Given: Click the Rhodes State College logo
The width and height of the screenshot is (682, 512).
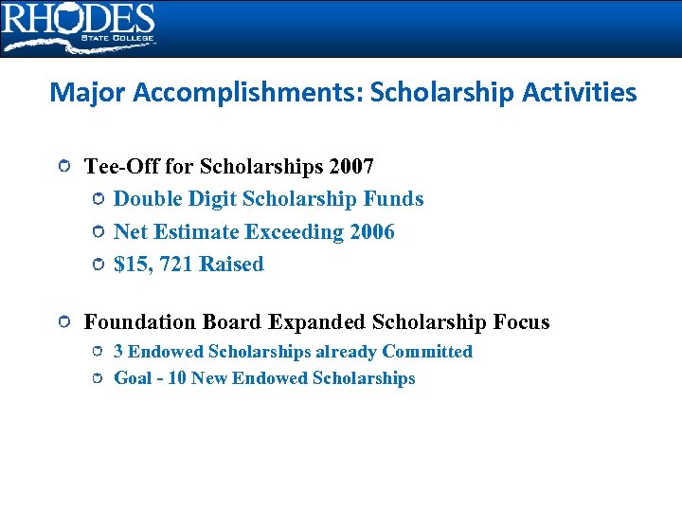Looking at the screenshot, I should [x=78, y=27].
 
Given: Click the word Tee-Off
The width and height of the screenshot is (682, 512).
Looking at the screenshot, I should [x=121, y=167].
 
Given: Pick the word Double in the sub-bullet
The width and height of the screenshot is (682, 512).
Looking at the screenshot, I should [x=145, y=199].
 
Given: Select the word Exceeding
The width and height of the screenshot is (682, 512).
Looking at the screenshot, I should [x=293, y=232].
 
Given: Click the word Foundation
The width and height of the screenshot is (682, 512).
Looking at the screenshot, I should [x=140, y=322].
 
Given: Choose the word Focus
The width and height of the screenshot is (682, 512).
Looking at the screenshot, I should [x=521, y=322].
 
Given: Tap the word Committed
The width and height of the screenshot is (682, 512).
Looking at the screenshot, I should [x=427, y=352].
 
